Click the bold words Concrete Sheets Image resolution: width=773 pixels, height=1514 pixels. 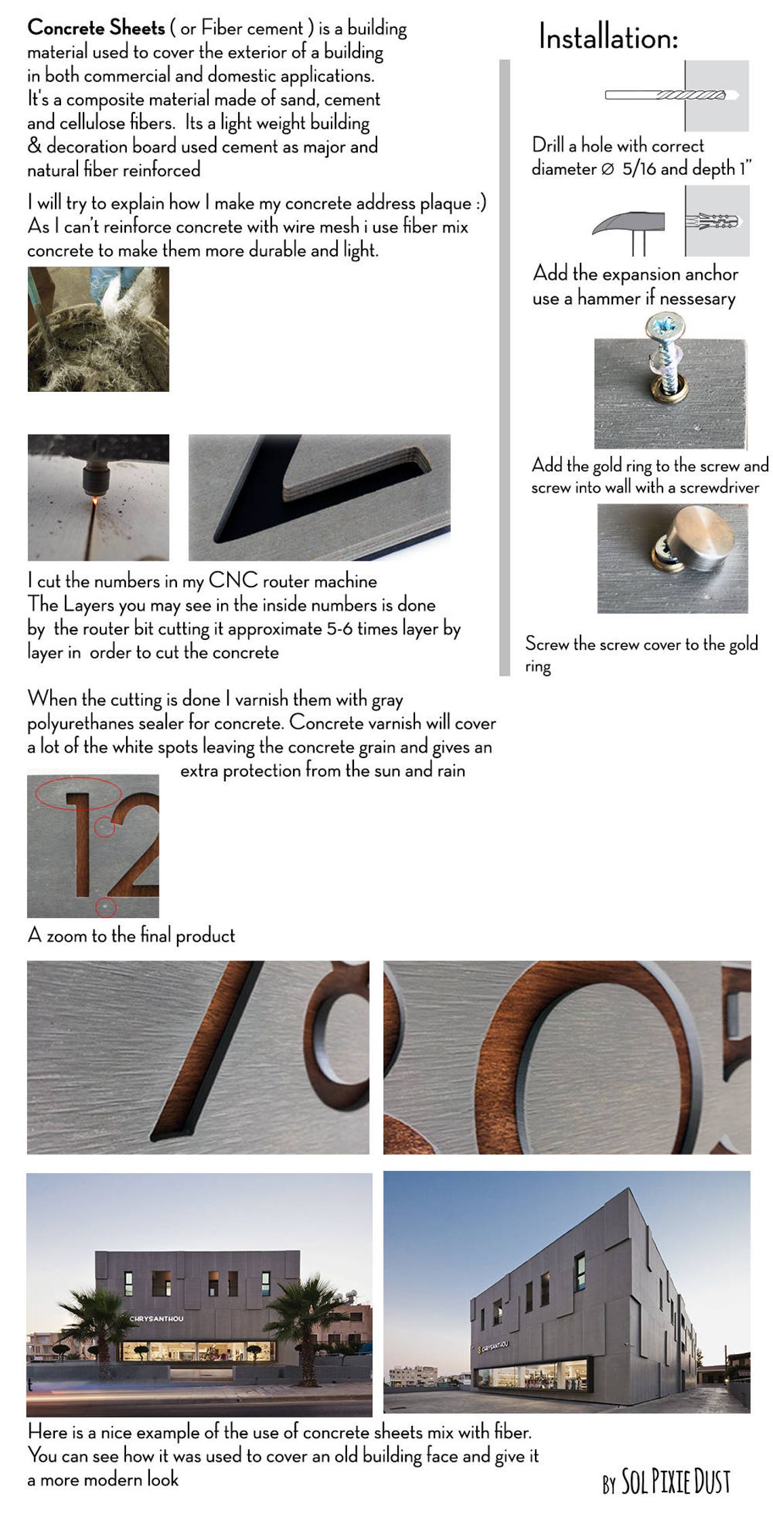coord(96,28)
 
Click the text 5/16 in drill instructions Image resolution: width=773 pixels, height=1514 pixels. coord(639,168)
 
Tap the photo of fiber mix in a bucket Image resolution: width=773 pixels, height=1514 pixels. coord(98,329)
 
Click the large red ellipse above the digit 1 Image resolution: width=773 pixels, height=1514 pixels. coord(78,791)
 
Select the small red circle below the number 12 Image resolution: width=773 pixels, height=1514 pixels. coord(106,906)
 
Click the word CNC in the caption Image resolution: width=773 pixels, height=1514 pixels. coord(233,580)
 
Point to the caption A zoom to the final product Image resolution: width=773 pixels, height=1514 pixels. coord(131,936)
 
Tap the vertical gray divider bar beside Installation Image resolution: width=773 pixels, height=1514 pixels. coord(504,366)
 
